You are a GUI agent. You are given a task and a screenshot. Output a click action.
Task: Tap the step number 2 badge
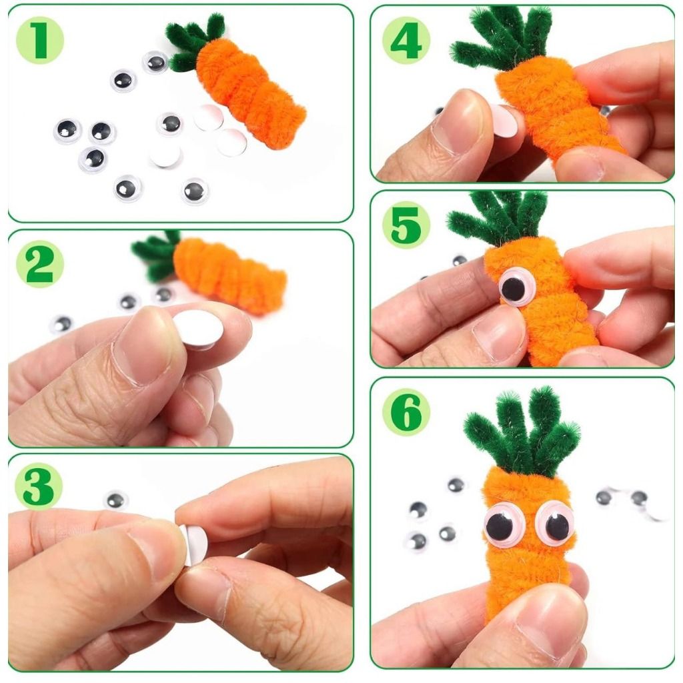(x=39, y=264)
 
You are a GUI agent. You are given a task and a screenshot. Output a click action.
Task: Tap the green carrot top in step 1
(x=191, y=42)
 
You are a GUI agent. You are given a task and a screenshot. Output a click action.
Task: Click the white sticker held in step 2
(x=199, y=329)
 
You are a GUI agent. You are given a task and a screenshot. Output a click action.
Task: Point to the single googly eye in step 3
(x=115, y=500)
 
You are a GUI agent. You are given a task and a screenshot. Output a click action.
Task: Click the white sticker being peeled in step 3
(x=194, y=543)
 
